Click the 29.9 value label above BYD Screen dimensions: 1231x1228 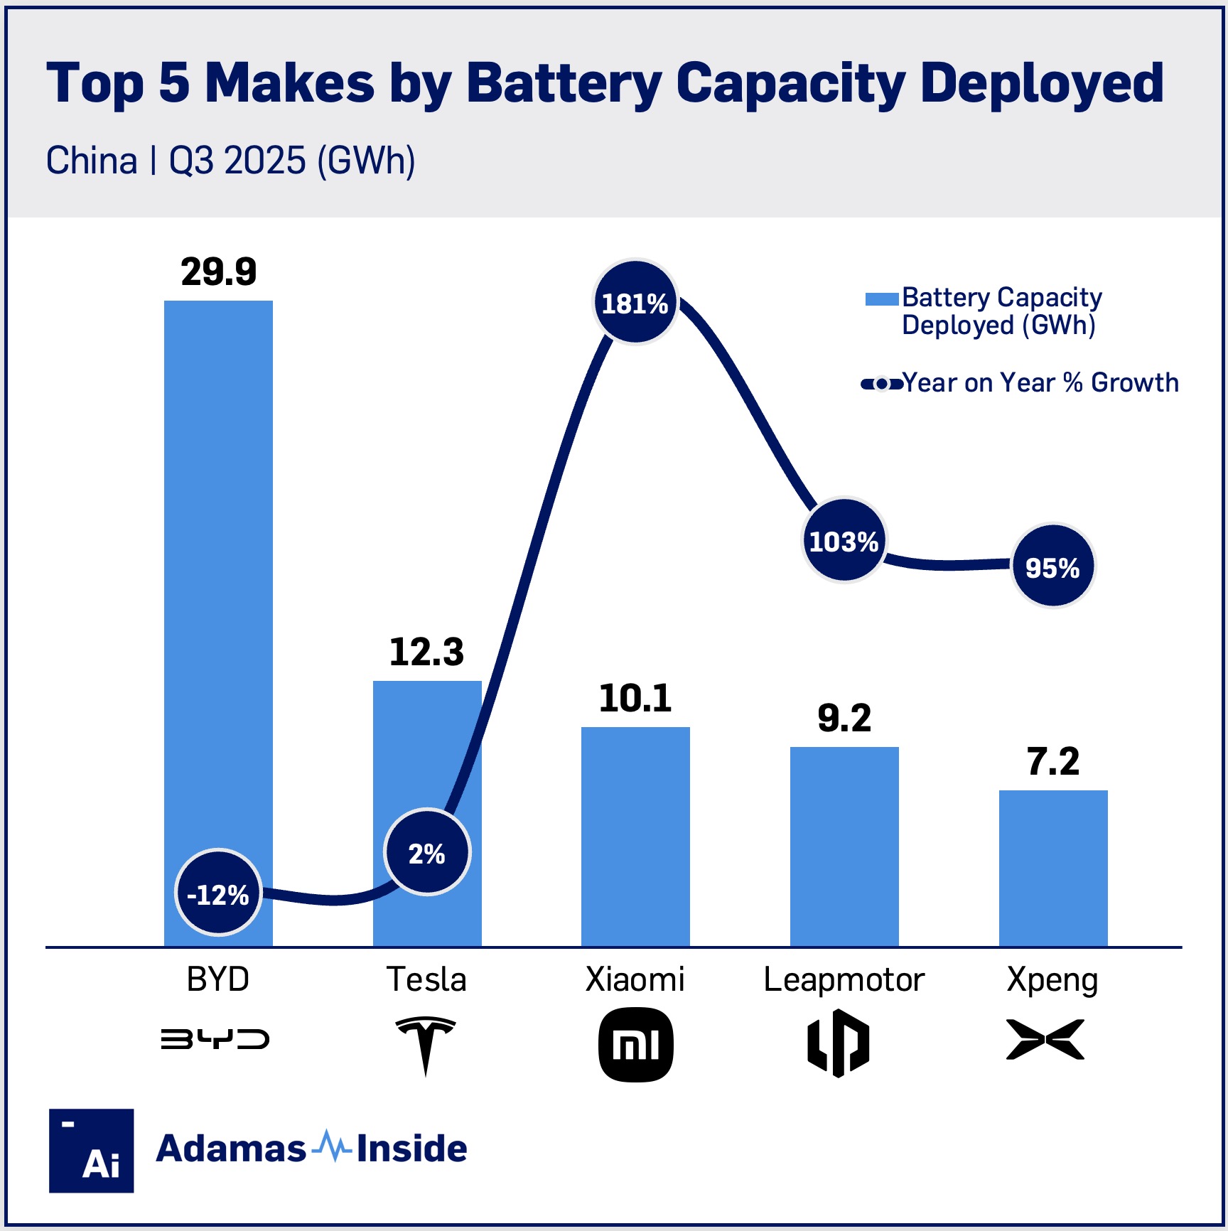tap(218, 272)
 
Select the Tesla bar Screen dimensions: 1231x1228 tap(426, 753)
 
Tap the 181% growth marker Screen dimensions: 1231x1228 tap(635, 303)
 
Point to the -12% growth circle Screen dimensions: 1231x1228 tap(218, 893)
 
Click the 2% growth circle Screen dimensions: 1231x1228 tap(427, 853)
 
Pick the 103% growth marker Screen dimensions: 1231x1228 tap(844, 542)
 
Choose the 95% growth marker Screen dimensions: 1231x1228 tap(1052, 567)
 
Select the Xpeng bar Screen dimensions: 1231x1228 tap(1052, 868)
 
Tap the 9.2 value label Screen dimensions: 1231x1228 tap(844, 718)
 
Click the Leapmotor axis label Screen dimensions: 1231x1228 tap(844, 979)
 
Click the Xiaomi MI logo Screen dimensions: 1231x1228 tap(635, 1045)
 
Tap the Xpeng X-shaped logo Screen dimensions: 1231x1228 tap(1045, 1039)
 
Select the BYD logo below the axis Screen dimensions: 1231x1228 tap(215, 1039)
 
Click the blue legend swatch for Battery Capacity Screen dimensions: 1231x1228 tap(881, 299)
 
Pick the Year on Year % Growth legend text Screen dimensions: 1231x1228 tap(1040, 383)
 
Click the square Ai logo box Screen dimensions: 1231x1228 tap(92, 1150)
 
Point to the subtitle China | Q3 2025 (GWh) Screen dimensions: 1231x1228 tap(230, 161)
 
